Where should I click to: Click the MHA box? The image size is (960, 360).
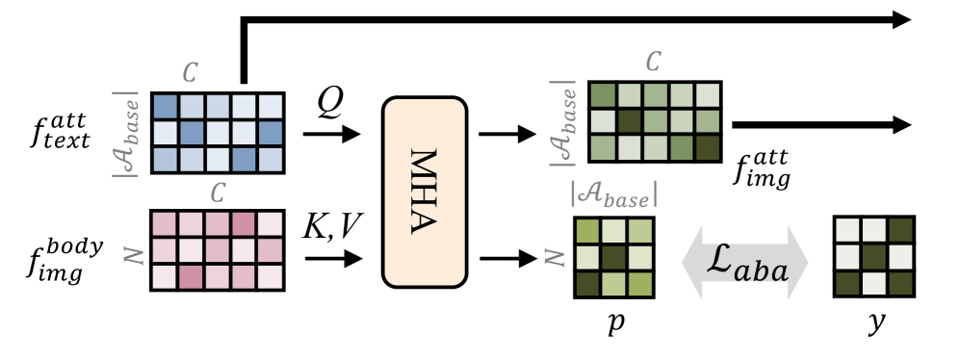click(426, 191)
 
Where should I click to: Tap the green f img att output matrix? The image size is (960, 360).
click(654, 121)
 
